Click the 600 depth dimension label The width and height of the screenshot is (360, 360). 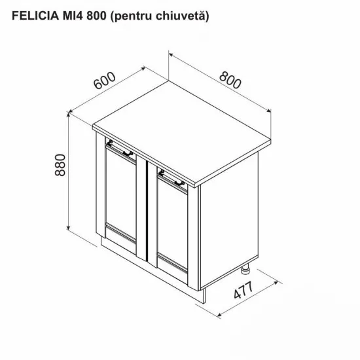(105, 83)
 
